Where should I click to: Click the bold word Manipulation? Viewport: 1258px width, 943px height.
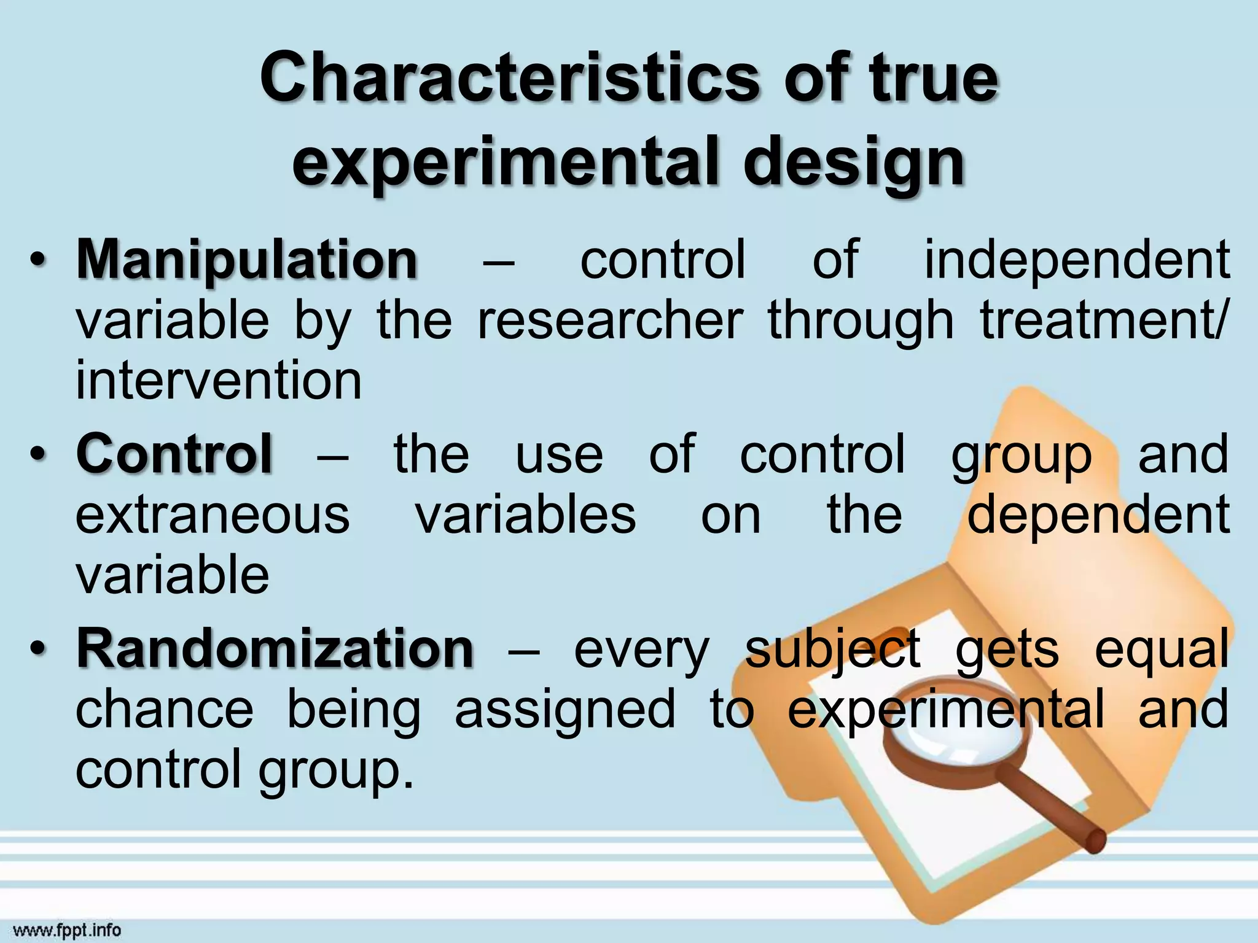[x=247, y=261]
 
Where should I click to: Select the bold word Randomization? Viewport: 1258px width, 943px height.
[x=275, y=649]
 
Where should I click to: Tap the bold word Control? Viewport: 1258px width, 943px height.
[x=174, y=454]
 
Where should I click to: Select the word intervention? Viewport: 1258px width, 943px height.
[x=219, y=381]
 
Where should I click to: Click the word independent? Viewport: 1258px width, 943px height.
[x=1077, y=261]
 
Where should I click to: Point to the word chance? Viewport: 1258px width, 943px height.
[x=165, y=709]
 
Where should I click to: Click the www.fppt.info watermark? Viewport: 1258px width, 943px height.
[x=67, y=931]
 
